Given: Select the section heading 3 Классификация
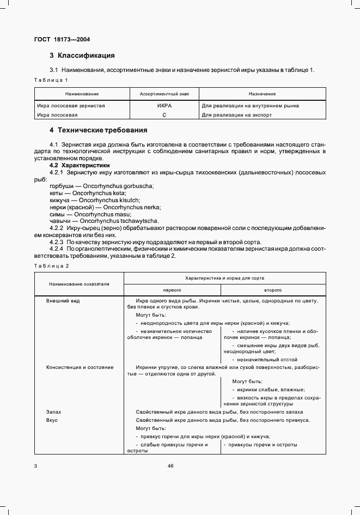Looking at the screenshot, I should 82,56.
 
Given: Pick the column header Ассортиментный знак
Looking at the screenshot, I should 164,94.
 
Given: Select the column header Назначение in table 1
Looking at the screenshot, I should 262,94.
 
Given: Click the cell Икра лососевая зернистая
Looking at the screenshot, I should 71,106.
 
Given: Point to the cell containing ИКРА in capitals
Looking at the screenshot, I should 164,106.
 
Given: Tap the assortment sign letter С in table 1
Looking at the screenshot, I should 164,115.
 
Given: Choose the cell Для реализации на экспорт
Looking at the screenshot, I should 236,115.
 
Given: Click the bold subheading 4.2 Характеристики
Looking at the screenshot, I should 80,165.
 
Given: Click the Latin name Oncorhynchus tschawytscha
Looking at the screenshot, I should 119,221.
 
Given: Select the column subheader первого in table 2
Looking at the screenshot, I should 172,291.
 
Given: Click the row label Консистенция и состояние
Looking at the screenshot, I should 80,367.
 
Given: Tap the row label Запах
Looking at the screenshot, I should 53,413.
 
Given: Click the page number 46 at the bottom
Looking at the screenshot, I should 170,465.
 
